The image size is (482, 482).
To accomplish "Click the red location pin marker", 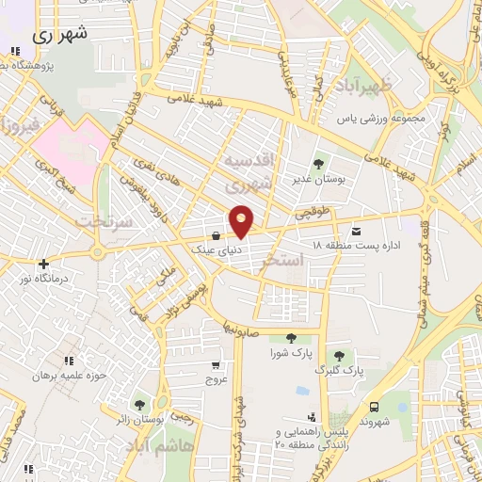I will (242, 220).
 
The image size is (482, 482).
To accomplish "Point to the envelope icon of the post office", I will (355, 231).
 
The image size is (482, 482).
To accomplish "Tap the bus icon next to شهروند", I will (375, 408).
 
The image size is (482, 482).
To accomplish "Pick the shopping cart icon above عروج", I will (217, 365).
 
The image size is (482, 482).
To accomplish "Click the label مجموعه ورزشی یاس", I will (385, 119).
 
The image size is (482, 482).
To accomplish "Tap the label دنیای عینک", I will (209, 250).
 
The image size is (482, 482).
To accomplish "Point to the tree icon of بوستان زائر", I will (139, 404).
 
